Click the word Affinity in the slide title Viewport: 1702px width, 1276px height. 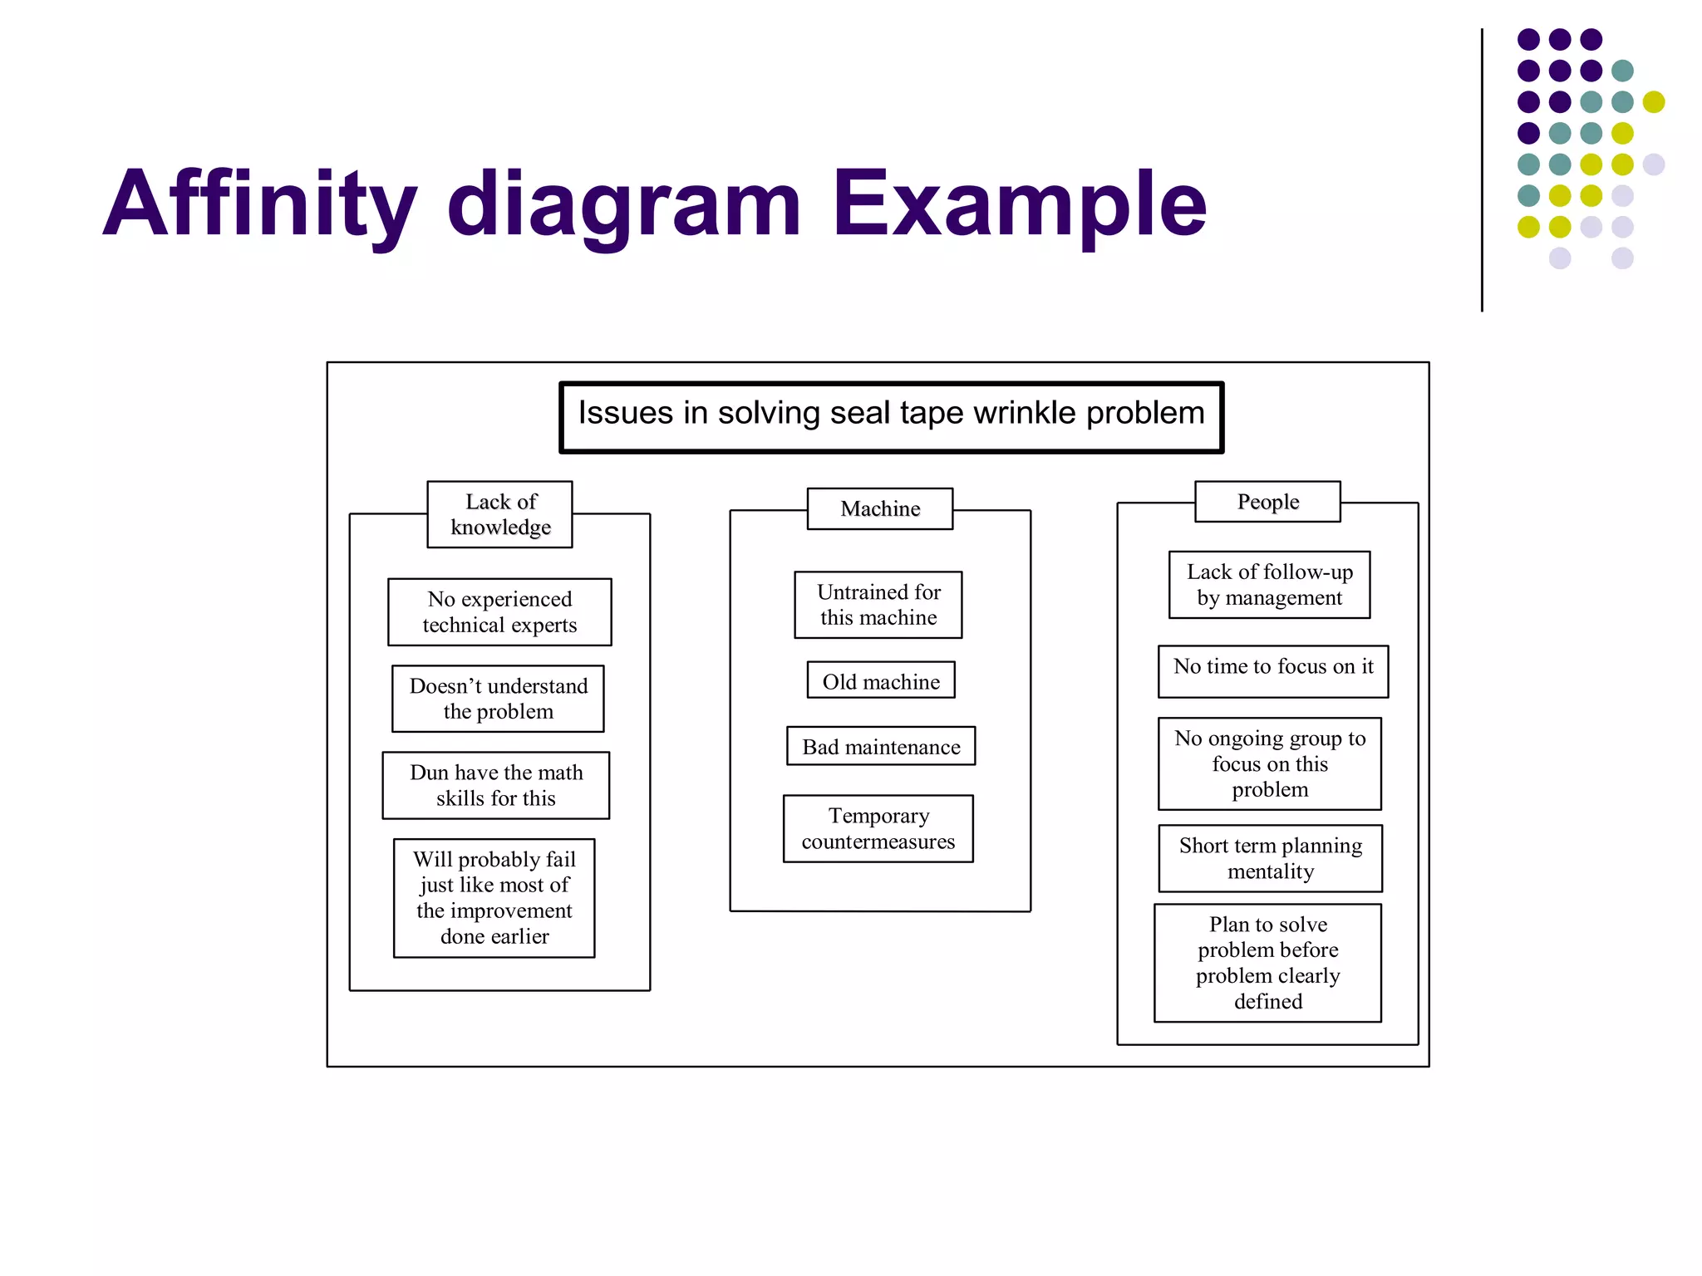point(259,204)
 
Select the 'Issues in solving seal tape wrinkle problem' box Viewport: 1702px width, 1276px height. point(891,417)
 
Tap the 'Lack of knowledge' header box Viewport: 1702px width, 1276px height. point(499,514)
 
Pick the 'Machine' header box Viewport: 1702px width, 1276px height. point(880,508)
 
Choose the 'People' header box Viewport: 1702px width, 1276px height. point(1267,502)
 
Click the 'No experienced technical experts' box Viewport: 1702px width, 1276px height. point(499,612)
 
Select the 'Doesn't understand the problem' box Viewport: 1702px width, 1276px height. point(498,699)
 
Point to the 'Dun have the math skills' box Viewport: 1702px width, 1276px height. point(496,785)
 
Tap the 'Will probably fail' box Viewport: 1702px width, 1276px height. point(494,898)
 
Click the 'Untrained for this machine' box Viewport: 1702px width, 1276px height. point(878,605)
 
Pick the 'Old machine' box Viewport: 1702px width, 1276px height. point(881,680)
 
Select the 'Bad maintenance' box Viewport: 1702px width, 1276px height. point(881,746)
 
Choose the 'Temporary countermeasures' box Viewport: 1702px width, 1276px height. point(878,829)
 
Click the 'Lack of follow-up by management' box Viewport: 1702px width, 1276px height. point(1269,585)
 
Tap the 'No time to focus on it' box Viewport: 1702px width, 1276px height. point(1273,671)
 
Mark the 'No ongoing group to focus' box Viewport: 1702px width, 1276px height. point(1270,763)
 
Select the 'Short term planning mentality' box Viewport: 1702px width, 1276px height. point(1271,858)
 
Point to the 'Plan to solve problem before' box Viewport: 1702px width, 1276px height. point(1268,963)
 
